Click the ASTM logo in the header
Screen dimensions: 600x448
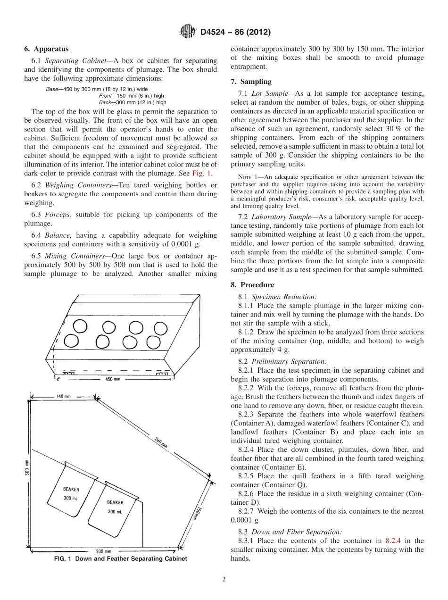188,32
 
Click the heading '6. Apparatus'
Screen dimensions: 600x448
46,49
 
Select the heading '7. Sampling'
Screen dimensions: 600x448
251,82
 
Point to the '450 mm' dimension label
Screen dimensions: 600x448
112,379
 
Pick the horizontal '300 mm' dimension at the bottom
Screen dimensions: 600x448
103,551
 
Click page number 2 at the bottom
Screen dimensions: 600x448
224,580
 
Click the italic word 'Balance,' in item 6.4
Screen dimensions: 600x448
59,234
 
